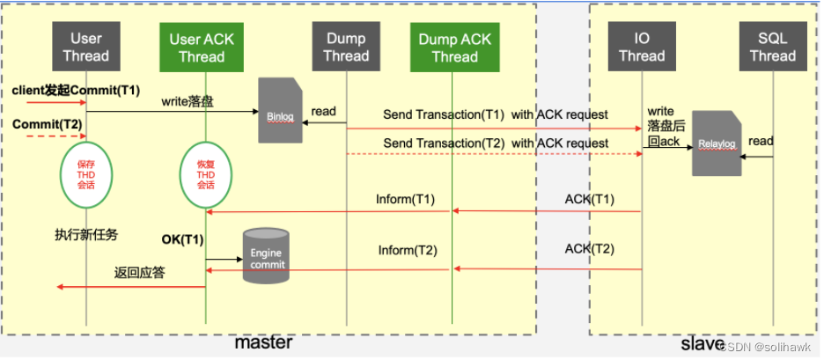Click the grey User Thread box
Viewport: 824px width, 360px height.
86,47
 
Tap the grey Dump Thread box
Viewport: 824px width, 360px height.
346,47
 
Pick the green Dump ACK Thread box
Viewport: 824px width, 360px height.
454,47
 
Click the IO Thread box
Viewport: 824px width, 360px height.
642,47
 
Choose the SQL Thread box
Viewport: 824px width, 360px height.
772,47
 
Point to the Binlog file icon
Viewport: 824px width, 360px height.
277,110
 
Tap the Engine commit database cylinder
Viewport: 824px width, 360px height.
266,250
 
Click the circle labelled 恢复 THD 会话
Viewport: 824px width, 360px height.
205,174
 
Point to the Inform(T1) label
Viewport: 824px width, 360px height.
406,199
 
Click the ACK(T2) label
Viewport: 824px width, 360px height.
589,249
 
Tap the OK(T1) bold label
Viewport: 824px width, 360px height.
182,239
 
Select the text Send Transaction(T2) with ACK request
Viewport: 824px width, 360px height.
496,143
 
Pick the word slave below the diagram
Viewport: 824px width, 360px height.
702,342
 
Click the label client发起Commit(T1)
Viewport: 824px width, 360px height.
76,91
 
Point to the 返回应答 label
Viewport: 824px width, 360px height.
138,272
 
